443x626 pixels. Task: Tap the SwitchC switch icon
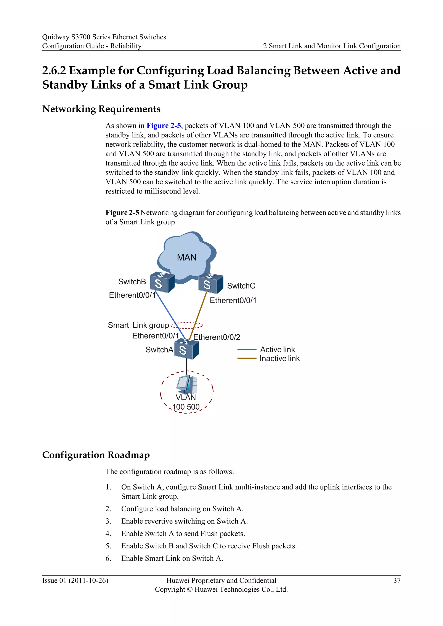tap(211, 284)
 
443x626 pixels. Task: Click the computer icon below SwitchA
tap(187, 384)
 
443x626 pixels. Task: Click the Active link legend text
tap(278, 350)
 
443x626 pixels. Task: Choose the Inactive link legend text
tap(280, 359)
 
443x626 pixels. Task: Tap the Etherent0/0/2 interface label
tap(217, 337)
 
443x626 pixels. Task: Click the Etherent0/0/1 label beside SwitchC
tap(233, 300)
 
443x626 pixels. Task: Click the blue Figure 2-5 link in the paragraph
tap(164, 126)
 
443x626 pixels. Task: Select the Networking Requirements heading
tap(101, 109)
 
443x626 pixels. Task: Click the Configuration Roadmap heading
tap(96, 455)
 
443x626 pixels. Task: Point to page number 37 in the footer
tap(397, 580)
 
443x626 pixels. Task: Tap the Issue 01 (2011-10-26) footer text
tap(75, 580)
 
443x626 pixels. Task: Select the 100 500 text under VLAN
tap(186, 407)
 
